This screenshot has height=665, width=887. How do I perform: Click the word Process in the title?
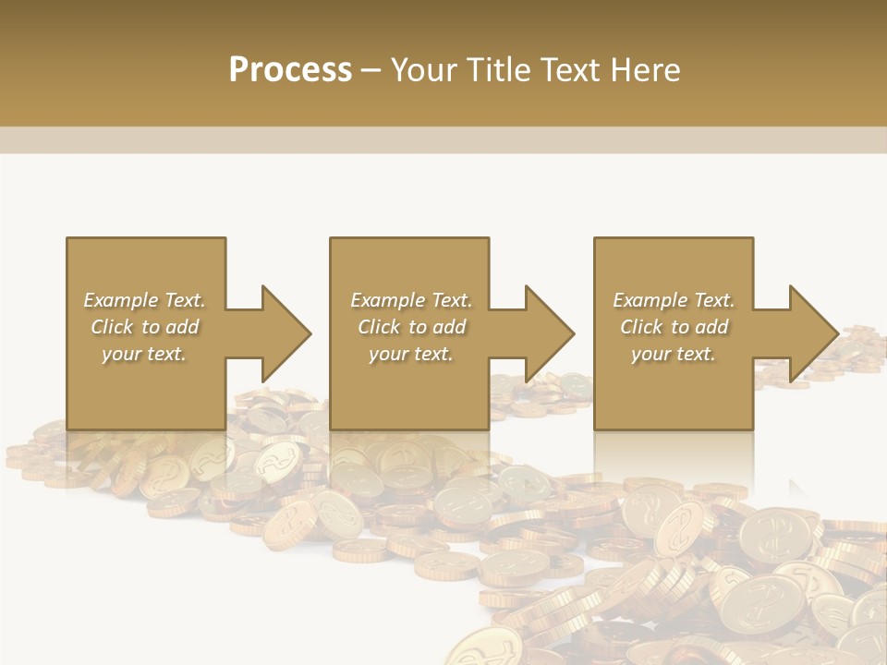tap(290, 70)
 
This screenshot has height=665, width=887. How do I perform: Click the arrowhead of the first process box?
tap(285, 333)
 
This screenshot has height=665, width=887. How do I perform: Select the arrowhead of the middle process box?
tap(548, 333)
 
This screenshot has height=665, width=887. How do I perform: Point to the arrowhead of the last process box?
tap(811, 333)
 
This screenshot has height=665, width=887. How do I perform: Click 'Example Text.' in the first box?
tap(145, 300)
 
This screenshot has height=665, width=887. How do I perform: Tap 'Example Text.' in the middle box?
tap(411, 300)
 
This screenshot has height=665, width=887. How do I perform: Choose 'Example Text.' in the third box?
tap(674, 300)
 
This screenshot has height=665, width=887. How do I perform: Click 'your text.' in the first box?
tap(144, 354)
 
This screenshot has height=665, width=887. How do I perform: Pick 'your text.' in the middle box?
tap(411, 354)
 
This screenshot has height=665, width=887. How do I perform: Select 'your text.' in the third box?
tap(674, 354)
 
